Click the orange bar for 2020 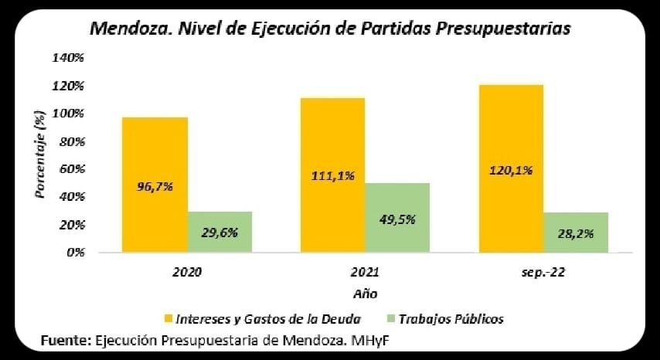(x=154, y=185)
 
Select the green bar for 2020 (x=219, y=232)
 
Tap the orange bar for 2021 (x=332, y=175)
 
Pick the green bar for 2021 (x=397, y=218)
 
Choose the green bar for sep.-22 (x=576, y=233)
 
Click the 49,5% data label (x=397, y=219)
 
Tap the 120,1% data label (x=511, y=171)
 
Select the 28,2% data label (x=576, y=234)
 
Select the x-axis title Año (x=365, y=294)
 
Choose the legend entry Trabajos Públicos (x=456, y=318)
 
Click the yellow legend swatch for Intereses (x=168, y=318)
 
